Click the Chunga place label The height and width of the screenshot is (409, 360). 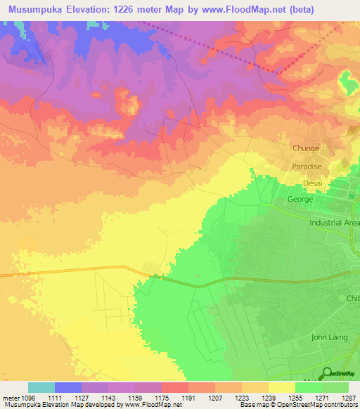coord(306,148)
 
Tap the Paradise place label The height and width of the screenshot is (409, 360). coord(307,167)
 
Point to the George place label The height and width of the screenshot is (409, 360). coord(300,200)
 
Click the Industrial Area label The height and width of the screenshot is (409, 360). coord(335,223)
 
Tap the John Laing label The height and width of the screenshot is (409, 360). coord(330,337)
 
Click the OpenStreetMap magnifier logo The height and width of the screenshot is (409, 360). coord(327,373)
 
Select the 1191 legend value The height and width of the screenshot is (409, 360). coord(188,398)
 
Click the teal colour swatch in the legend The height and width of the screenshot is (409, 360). coord(41,387)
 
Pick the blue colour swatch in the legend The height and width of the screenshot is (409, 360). coord(68,387)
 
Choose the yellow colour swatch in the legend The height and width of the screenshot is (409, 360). coord(281,387)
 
